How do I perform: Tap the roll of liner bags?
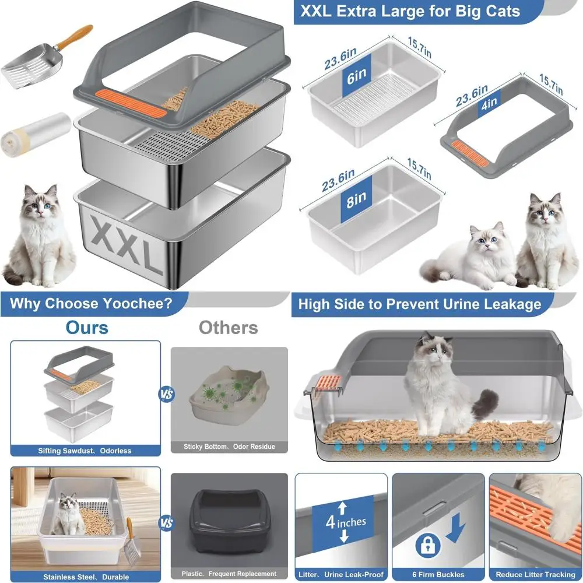pyautogui.click(x=36, y=135)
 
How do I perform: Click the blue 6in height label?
pyautogui.click(x=356, y=76)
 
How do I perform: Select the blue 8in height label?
pyautogui.click(x=356, y=199)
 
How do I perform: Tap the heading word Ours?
pyautogui.click(x=87, y=328)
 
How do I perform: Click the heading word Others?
pyautogui.click(x=229, y=328)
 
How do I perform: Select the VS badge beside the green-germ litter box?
pyautogui.click(x=166, y=394)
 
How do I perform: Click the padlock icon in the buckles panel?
pyautogui.click(x=428, y=545)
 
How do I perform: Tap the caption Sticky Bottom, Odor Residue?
pyautogui.click(x=229, y=447)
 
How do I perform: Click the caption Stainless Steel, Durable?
pyautogui.click(x=86, y=577)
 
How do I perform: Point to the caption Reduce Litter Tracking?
pyautogui.click(x=535, y=574)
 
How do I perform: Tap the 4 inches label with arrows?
pyautogui.click(x=343, y=522)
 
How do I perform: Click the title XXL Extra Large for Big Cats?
pyautogui.click(x=410, y=11)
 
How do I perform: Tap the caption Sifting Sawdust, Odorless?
pyautogui.click(x=85, y=451)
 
